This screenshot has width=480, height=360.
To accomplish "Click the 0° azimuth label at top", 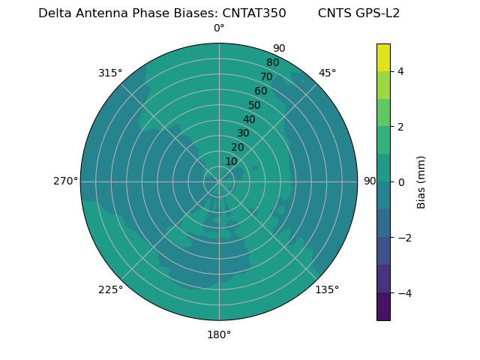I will tap(219, 28).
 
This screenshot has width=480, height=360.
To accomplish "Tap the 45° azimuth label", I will tap(328, 73).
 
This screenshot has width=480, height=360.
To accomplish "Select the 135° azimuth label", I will tap(327, 289).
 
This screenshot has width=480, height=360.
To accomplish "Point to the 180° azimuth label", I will tap(219, 334).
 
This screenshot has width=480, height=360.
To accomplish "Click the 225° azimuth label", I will tap(110, 289).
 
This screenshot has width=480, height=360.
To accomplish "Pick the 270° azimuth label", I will tap(65, 181).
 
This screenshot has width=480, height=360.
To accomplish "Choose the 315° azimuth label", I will tap(110, 73).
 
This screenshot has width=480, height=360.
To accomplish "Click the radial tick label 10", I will tap(231, 161).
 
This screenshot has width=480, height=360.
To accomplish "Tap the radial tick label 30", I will tap(243, 133).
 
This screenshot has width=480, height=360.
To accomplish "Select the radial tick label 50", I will tap(255, 106).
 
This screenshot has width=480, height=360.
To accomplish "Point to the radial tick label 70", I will tap(266, 77).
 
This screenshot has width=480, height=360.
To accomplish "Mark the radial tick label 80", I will tap(272, 63).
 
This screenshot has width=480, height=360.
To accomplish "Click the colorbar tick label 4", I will tap(401, 71).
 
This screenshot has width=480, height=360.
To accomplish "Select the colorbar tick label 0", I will tap(401, 182).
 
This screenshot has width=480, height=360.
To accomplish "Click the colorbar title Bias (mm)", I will tap(421, 182).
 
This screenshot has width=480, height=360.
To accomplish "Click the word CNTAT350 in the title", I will tap(253, 13).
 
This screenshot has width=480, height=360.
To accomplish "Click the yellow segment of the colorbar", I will tap(383, 57).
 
